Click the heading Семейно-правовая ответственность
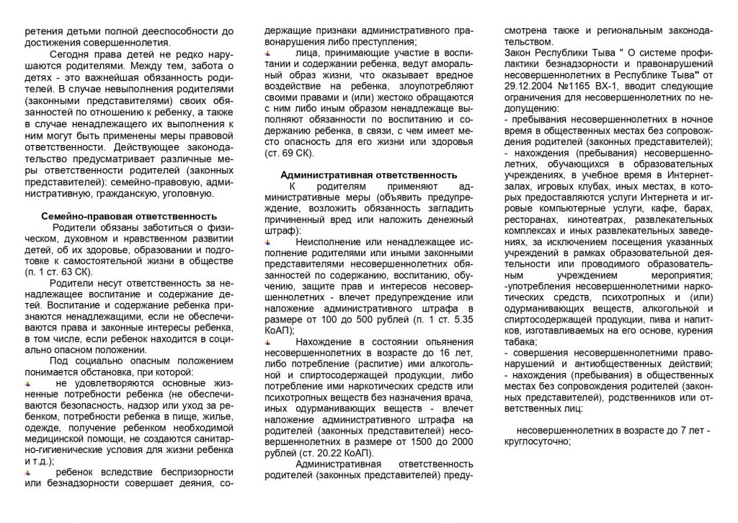click(x=129, y=215)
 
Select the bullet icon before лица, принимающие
click(x=267, y=53)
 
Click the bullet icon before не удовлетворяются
click(x=27, y=383)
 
